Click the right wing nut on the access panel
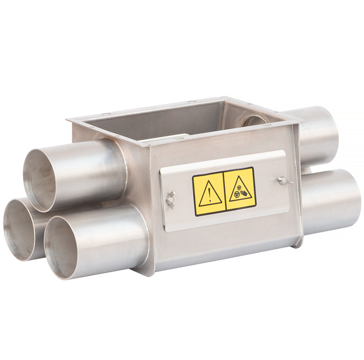click(x=282, y=181)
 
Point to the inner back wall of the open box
click(x=164, y=117)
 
